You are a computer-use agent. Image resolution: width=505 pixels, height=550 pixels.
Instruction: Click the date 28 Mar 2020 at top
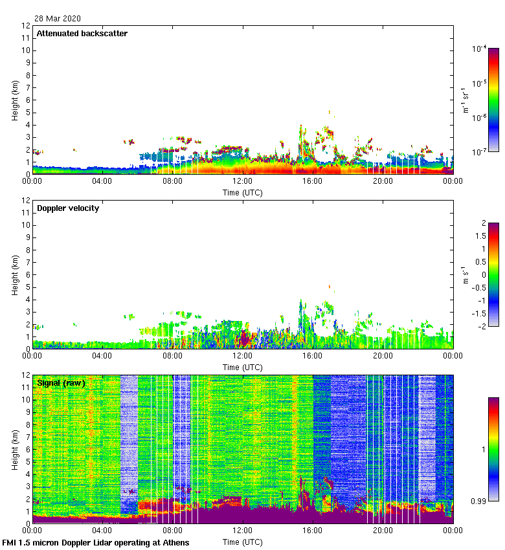[x=57, y=18]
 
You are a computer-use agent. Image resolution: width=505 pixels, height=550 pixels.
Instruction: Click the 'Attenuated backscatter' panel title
[x=82, y=34]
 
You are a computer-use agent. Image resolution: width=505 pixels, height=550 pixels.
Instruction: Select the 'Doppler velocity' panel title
[x=68, y=208]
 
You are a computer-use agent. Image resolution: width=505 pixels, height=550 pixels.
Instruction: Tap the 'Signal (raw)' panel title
[x=62, y=383]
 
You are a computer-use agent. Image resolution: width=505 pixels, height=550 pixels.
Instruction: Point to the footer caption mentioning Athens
[x=96, y=542]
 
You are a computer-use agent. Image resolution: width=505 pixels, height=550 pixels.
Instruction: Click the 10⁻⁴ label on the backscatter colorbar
[x=479, y=49]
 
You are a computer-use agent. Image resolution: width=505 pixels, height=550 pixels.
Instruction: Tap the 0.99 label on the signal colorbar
[x=479, y=501]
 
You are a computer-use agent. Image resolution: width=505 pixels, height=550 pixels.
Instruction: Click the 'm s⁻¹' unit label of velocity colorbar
[x=464, y=274]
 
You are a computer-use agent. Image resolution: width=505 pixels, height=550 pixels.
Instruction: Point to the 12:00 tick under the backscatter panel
[x=243, y=181]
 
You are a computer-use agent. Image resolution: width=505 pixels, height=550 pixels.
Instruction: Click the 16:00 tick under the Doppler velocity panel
[x=313, y=356]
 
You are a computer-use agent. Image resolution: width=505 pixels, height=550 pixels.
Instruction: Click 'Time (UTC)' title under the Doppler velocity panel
[x=243, y=367]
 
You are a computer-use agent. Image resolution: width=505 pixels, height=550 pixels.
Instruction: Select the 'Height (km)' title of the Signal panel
[x=14, y=448]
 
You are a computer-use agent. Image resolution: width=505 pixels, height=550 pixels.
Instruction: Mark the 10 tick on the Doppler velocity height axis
[x=25, y=225]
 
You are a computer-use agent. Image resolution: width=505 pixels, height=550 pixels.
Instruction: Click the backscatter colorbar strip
[x=493, y=100]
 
